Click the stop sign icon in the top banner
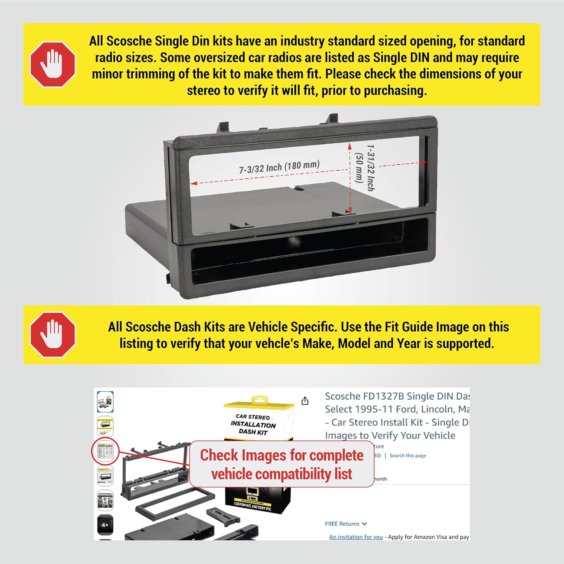click(x=53, y=64)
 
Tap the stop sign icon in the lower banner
click(x=53, y=334)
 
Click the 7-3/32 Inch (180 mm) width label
click(x=279, y=167)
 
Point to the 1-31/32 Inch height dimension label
click(x=371, y=168)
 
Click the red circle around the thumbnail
click(x=105, y=451)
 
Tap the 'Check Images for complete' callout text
click(x=282, y=455)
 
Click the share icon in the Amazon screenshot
click(x=305, y=401)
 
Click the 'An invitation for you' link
click(x=356, y=537)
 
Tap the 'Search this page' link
click(x=408, y=456)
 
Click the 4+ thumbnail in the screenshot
click(x=105, y=525)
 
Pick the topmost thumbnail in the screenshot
click(x=105, y=402)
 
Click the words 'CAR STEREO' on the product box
click(x=253, y=417)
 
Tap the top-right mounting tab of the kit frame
click(x=332, y=118)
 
